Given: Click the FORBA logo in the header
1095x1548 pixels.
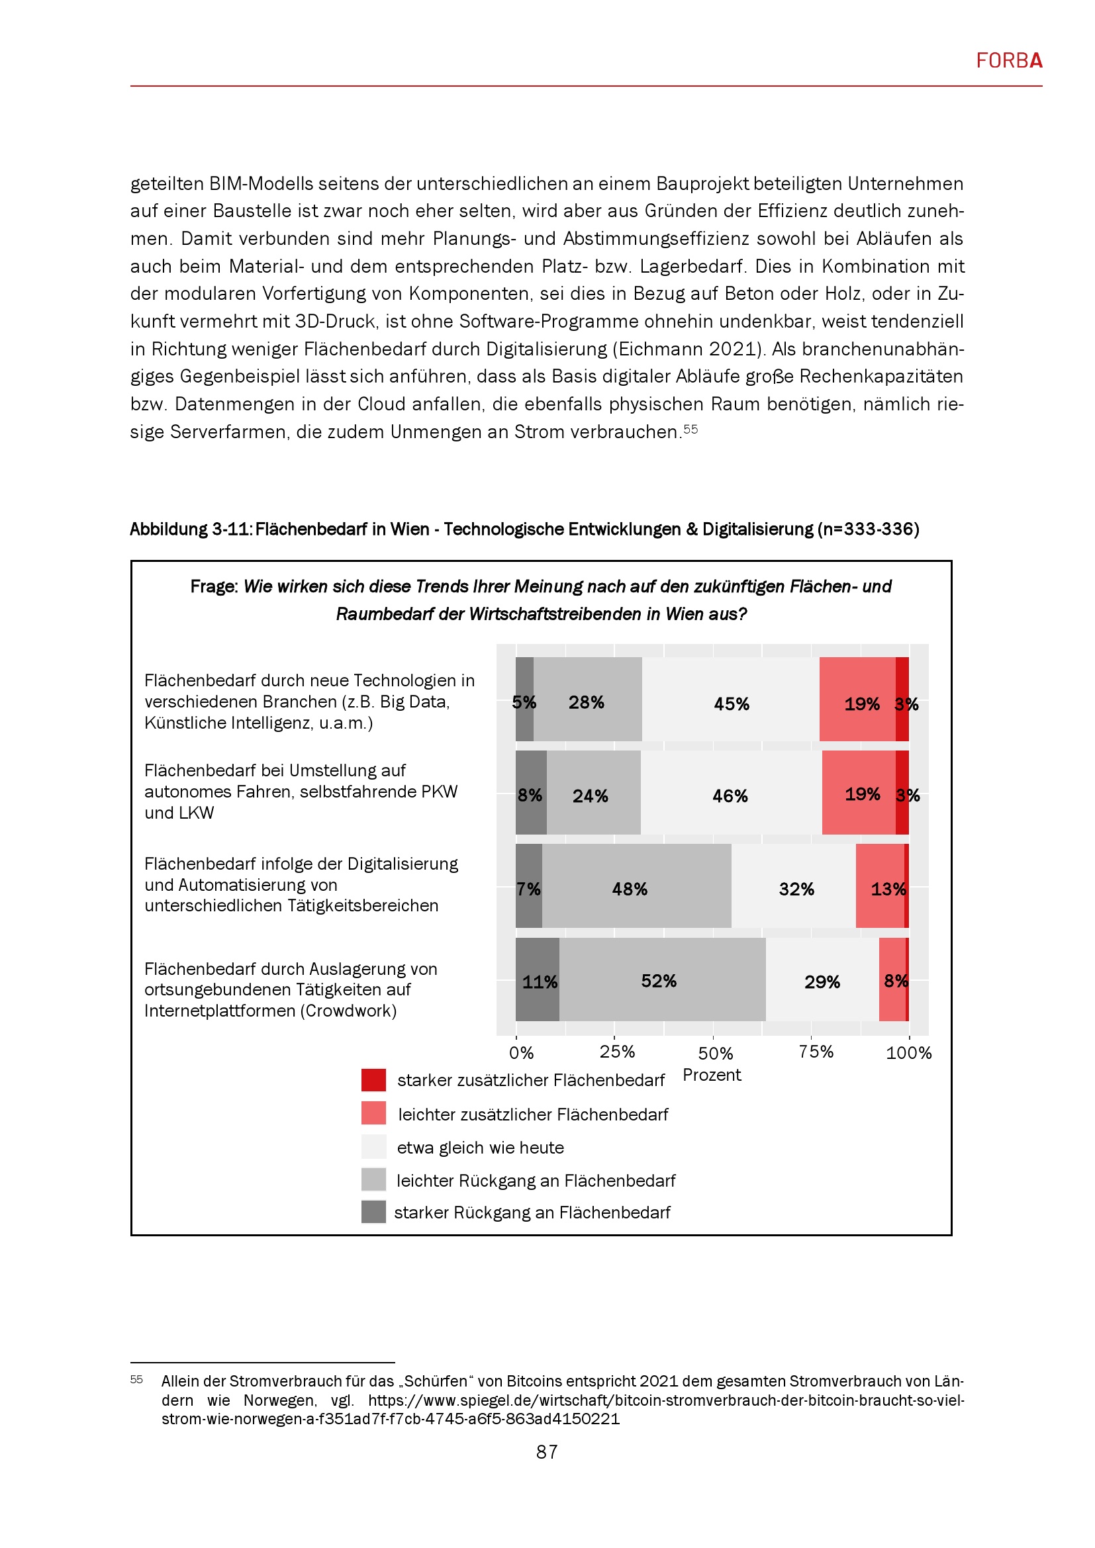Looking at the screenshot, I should (1009, 61).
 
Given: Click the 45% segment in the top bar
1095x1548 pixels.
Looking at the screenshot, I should (731, 699).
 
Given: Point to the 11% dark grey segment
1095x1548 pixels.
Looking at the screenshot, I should (538, 979).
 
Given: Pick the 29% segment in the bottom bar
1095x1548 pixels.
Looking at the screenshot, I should (822, 979).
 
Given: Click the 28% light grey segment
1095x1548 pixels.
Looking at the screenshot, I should (587, 699).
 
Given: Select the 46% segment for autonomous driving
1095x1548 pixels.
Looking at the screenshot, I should (731, 792).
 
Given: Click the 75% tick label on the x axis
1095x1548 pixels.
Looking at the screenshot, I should (816, 1052).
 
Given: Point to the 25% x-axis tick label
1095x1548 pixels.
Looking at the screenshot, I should (617, 1052).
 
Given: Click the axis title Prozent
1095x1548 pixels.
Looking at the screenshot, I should (711, 1075).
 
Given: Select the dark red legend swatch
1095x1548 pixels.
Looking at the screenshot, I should (373, 1080).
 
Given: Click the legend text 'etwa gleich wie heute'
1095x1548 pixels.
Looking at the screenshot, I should (480, 1148).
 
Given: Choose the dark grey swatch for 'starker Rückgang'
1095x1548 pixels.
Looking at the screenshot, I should (373, 1212).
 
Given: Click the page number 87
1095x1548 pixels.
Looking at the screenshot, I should (547, 1451).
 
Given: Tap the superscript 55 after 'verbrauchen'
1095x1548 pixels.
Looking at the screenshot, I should (690, 429).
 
